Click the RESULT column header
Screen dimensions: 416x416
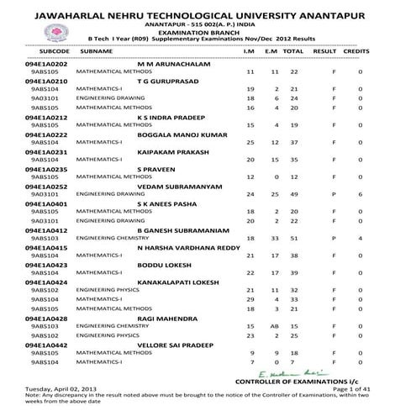(324, 52)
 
